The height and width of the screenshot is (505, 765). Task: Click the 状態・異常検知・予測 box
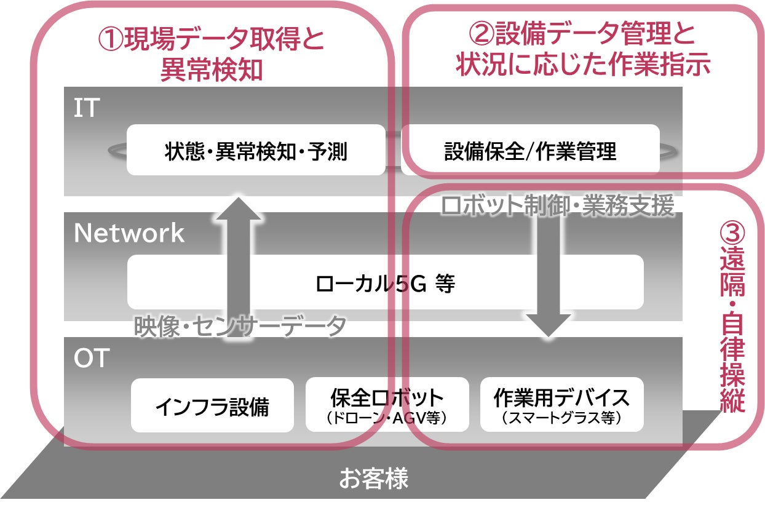[x=255, y=151]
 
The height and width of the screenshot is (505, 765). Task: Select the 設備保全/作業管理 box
[x=529, y=151]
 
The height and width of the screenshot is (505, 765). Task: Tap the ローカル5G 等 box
[x=385, y=283]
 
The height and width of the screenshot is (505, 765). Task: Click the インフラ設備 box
[x=212, y=406]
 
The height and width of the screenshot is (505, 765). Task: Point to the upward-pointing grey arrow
[x=238, y=258]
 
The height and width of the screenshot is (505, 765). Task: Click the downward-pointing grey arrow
[x=549, y=277]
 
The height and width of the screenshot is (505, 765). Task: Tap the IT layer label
[x=86, y=109]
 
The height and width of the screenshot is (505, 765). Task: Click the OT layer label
[x=91, y=359]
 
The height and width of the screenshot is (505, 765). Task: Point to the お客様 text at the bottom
[x=373, y=479]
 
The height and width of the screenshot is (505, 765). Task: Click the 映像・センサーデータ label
[x=240, y=327]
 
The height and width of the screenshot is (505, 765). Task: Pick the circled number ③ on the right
[x=732, y=233]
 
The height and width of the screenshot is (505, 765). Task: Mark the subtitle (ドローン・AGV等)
[x=387, y=418]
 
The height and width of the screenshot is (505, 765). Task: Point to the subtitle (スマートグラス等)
[x=561, y=418]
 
